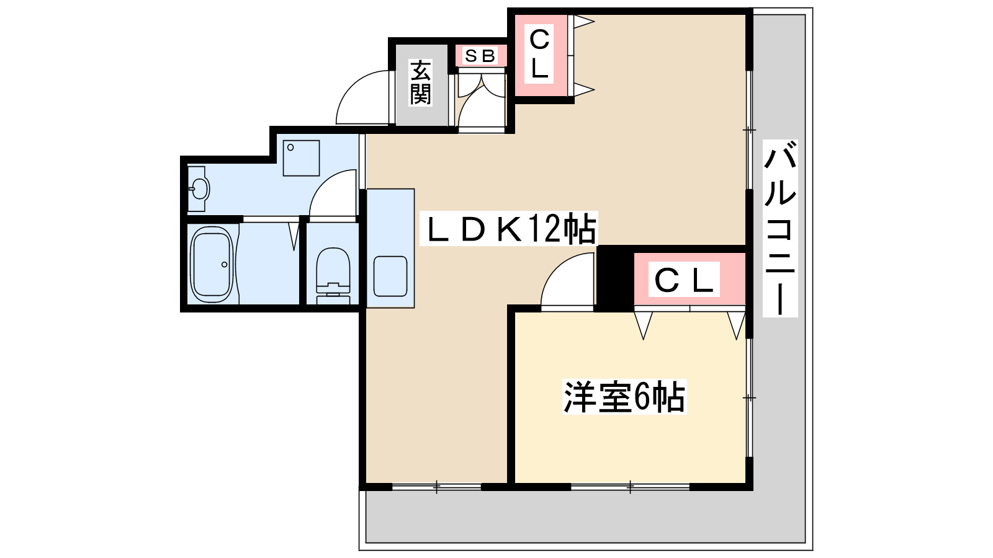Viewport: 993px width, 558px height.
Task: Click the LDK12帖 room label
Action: pos(508,229)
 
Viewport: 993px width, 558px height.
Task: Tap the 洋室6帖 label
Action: pos(624,397)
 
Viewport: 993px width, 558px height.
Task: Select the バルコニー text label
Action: pos(780,228)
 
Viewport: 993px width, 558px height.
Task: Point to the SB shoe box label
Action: pos(480,56)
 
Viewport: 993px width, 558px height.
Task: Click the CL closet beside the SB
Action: pos(539,55)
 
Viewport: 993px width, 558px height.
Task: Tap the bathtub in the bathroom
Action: pos(212,264)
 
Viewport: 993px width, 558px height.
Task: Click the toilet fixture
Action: pos(333,273)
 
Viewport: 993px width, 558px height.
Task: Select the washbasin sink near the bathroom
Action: pos(199,188)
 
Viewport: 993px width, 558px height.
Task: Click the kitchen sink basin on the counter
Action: pos(390,277)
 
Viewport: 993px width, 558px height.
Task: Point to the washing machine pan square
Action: pos(302,158)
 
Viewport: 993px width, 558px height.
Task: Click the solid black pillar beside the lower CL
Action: pos(613,279)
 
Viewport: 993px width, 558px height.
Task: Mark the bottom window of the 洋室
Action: pos(630,487)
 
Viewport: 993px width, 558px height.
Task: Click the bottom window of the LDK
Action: pos(436,487)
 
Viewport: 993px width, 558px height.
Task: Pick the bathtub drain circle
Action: pos(225,265)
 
